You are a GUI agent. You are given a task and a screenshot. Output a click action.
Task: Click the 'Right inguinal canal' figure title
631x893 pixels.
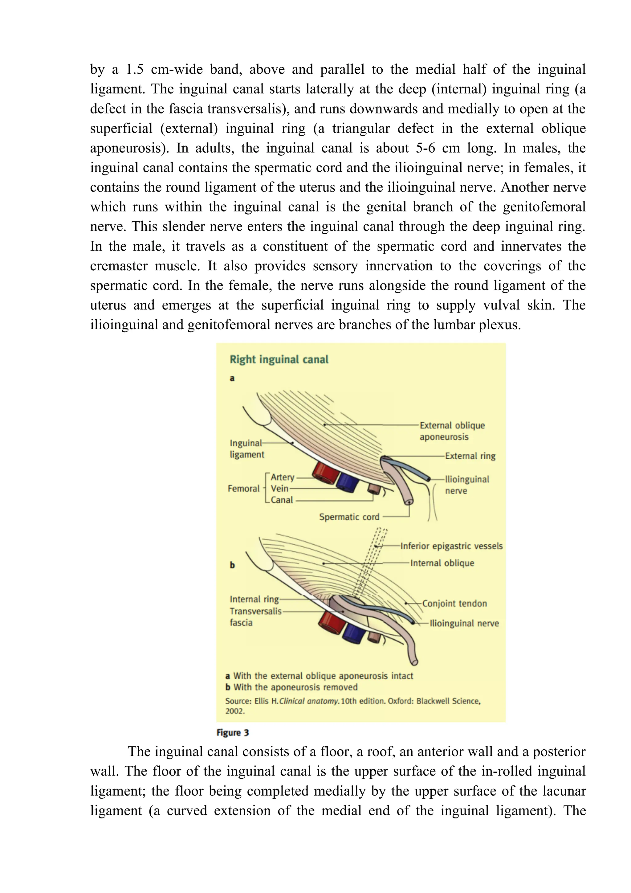click(279, 359)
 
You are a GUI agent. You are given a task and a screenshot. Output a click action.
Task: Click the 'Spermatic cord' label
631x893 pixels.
click(349, 517)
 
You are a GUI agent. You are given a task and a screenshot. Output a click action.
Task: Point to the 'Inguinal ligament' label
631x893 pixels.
click(246, 449)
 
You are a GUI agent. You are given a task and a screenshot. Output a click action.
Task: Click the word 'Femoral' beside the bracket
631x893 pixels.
click(243, 489)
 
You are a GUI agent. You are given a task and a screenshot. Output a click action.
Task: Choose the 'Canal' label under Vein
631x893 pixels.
click(282, 500)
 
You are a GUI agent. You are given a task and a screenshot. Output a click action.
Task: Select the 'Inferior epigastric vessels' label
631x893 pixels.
click(451, 546)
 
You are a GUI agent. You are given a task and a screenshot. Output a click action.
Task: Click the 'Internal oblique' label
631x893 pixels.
click(442, 563)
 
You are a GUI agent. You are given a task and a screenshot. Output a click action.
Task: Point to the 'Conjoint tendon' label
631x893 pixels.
click(454, 604)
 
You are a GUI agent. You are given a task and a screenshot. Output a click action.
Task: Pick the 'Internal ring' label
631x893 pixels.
click(254, 599)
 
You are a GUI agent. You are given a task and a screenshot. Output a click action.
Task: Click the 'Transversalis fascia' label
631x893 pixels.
click(255, 616)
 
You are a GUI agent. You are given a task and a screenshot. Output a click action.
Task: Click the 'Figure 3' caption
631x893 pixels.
click(233, 733)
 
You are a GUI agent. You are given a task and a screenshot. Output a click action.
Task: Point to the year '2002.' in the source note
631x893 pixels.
click(235, 711)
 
